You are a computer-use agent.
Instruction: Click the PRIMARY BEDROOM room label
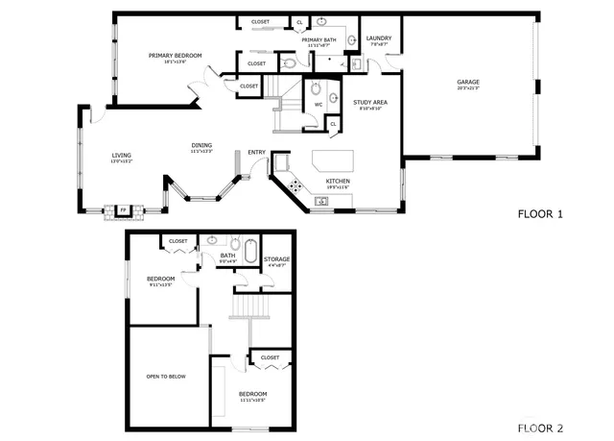coord(175,55)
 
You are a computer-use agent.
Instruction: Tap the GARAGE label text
coord(467,82)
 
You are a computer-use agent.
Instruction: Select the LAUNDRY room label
coord(379,38)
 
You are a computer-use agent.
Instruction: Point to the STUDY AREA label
coord(369,101)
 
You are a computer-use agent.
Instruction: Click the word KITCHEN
coord(338,181)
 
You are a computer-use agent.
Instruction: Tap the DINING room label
coord(201,145)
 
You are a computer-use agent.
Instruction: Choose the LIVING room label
coord(121,155)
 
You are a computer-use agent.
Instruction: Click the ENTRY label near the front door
coord(256,152)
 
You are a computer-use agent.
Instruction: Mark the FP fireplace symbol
coord(122,209)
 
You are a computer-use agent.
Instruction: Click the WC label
coord(318,105)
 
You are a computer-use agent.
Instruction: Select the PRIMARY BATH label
coord(318,39)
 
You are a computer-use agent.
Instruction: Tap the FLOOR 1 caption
coord(540,213)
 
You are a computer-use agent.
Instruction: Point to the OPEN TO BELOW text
coord(166,377)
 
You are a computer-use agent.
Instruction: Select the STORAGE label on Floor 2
coord(276,258)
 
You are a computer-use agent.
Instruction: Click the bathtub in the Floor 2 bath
coord(251,253)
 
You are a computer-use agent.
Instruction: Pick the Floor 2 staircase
coord(250,308)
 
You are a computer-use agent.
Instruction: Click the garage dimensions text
coord(467,88)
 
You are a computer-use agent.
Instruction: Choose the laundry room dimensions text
coord(379,45)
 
